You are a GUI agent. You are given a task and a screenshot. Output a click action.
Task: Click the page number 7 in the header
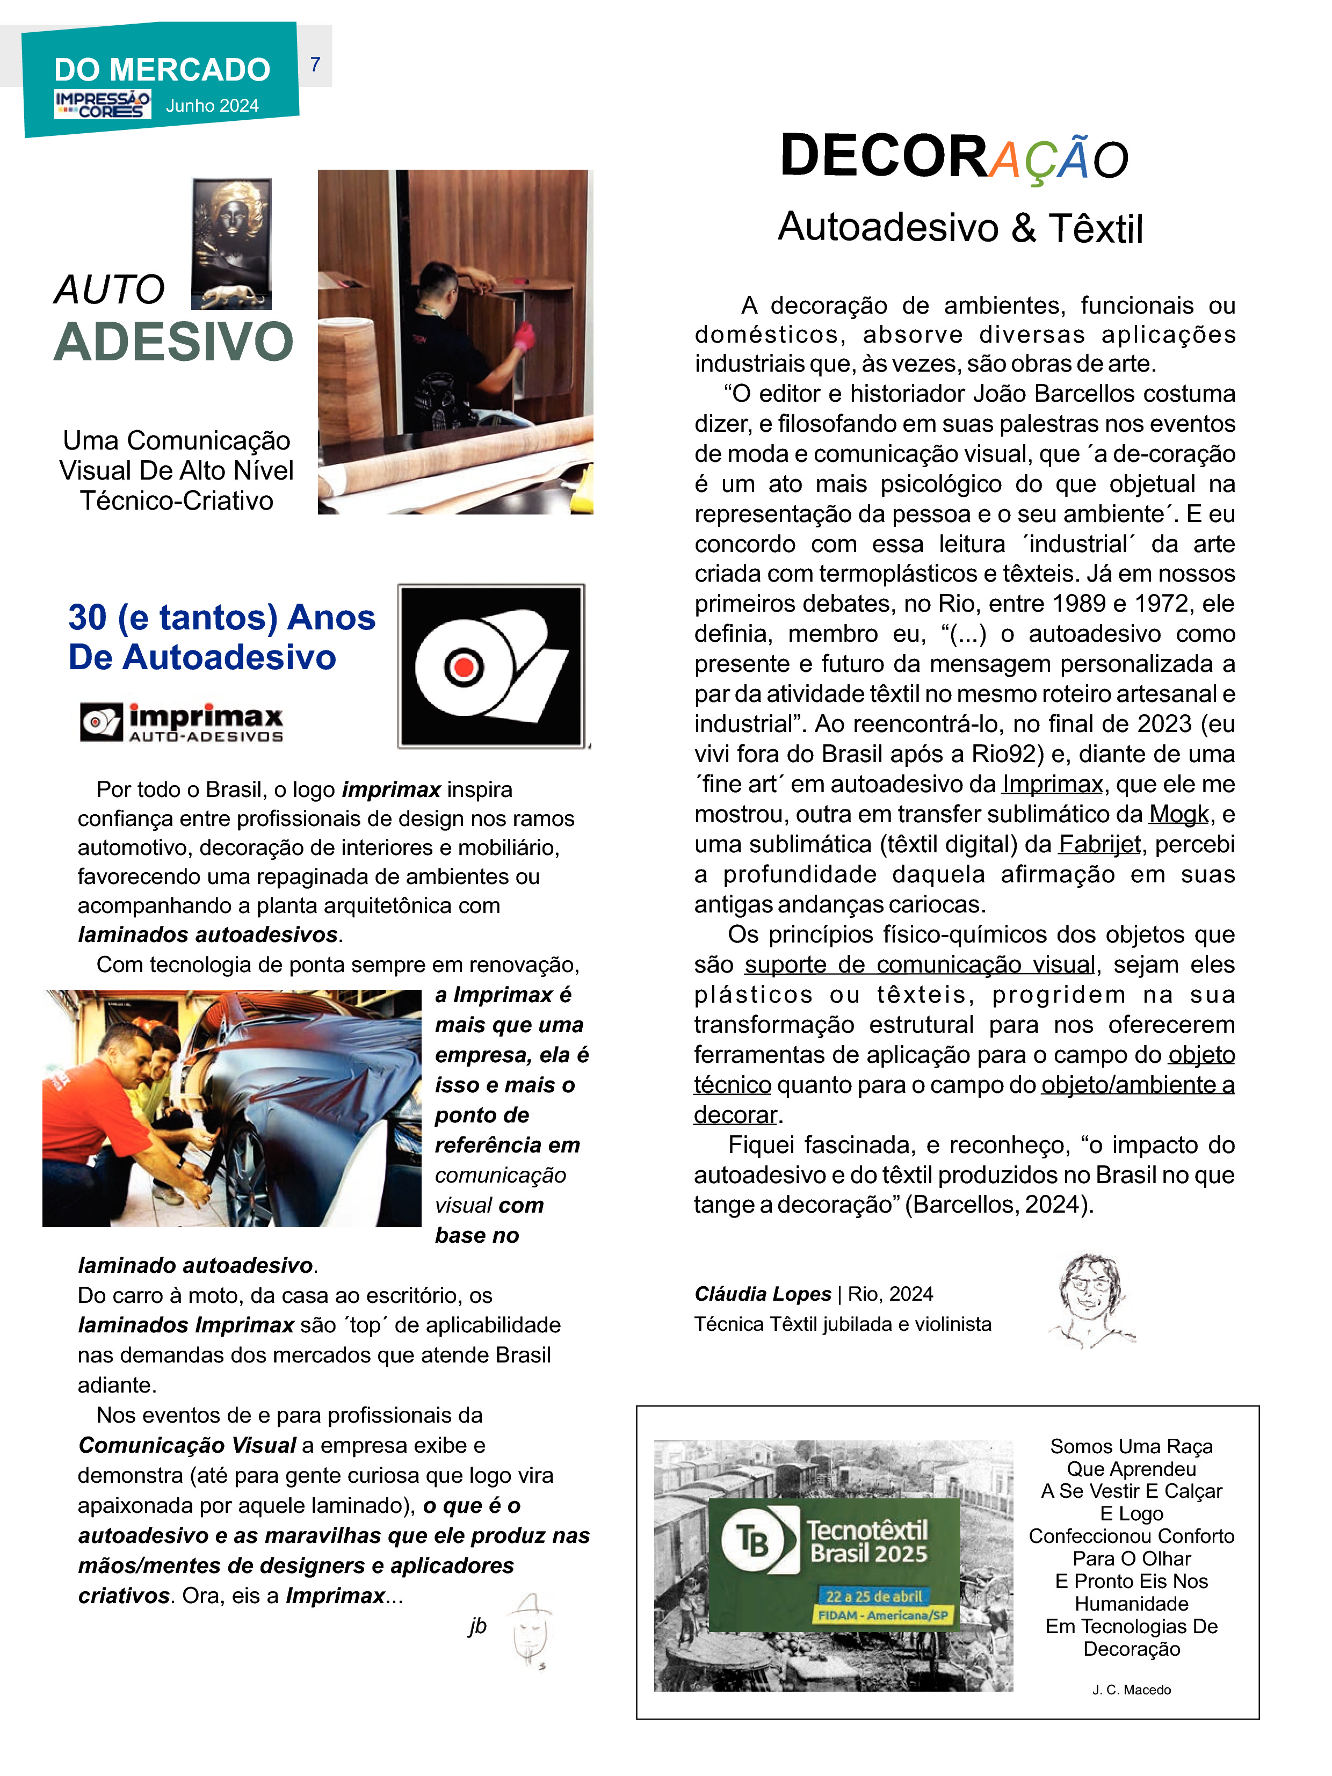(315, 64)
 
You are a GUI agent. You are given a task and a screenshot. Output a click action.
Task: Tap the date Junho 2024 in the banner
(212, 106)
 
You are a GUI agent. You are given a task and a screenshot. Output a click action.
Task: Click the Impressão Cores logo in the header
(102, 104)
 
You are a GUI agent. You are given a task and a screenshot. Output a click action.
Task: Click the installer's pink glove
(524, 337)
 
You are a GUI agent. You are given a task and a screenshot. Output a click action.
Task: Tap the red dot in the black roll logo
(464, 666)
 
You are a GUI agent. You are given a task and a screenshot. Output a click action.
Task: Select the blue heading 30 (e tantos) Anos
(222, 618)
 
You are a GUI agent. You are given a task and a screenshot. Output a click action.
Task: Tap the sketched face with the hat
(530, 1630)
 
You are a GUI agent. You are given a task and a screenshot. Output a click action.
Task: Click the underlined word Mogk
(1178, 814)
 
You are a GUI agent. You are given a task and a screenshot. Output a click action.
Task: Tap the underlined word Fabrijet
(1099, 844)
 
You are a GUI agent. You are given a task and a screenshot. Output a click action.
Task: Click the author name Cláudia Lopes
(763, 1293)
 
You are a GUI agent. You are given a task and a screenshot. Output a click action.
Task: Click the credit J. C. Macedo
(1131, 1690)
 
